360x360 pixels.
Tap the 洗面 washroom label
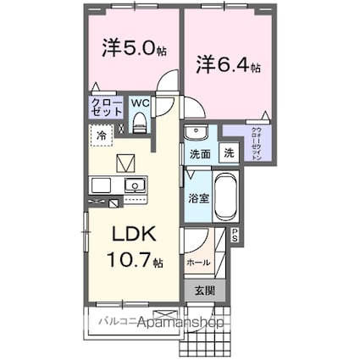[199, 155]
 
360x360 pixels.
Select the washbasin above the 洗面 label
[195, 133]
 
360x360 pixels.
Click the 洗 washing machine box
[228, 153]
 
